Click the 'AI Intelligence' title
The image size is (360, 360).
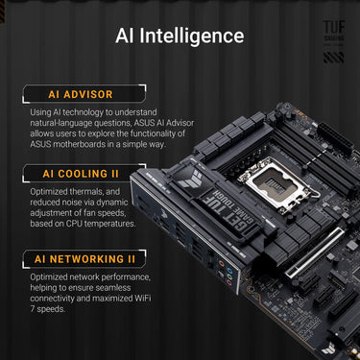(x=179, y=36)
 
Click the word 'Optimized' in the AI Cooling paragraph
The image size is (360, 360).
(x=51, y=192)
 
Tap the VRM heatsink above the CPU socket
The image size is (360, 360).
(x=255, y=144)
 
